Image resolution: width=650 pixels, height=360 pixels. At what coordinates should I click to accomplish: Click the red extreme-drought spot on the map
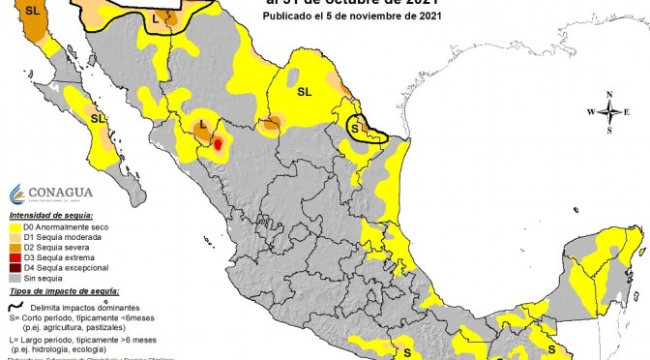click(218, 144)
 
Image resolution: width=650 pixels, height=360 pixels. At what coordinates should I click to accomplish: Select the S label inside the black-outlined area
click(355, 127)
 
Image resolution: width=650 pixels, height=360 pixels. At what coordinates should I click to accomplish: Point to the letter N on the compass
click(610, 95)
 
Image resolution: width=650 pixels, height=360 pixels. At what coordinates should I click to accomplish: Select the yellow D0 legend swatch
click(15, 227)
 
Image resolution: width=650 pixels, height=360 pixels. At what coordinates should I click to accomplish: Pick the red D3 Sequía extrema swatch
click(15, 256)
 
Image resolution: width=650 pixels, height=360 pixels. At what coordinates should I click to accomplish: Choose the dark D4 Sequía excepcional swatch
click(15, 266)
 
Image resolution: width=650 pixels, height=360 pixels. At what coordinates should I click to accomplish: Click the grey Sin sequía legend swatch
click(15, 276)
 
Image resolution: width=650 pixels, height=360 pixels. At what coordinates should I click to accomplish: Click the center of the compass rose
click(610, 112)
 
